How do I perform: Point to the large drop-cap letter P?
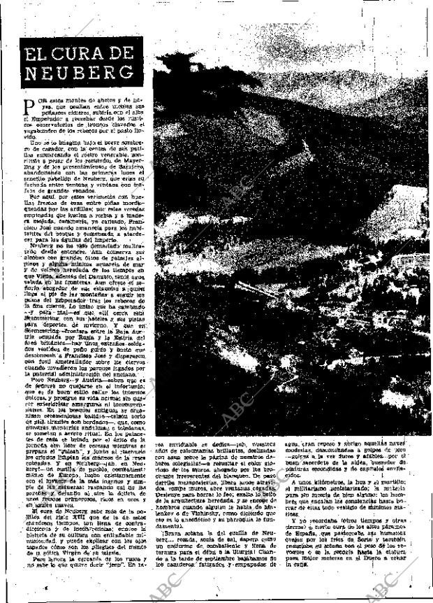tap(29, 106)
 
